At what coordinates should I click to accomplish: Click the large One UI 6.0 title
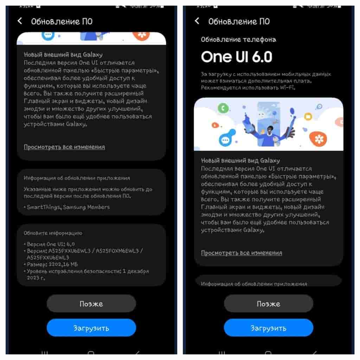[237, 57]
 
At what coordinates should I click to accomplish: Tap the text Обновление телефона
[238, 39]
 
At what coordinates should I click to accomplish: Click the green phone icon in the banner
[223, 108]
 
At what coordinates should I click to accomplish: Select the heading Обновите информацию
[53, 233]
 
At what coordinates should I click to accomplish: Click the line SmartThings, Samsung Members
[68, 207]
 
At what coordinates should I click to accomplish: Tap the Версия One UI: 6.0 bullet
[51, 244]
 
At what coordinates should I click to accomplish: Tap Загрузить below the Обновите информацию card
[91, 328]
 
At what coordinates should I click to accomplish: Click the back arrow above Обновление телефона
[197, 21]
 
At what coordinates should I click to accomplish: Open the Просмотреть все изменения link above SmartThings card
[64, 147]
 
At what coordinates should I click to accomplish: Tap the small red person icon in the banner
[215, 125]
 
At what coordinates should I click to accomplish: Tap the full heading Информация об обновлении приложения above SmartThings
[77, 178]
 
